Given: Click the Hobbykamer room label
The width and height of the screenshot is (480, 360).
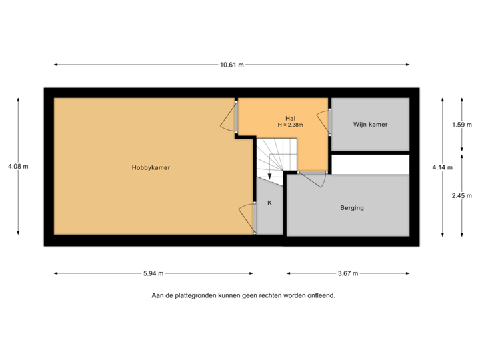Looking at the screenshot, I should [146, 168].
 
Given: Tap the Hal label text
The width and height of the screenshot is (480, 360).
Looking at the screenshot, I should [289, 118].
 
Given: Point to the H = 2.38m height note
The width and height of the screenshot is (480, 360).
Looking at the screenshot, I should [291, 125].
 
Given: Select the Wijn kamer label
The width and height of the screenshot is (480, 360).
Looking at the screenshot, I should [370, 125].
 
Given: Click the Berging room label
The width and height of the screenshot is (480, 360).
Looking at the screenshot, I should [352, 208].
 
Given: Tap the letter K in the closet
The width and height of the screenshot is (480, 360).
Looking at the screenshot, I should [269, 203].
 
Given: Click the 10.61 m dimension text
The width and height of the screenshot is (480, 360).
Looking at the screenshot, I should [231, 65].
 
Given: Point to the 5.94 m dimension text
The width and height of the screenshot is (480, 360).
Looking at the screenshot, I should [153, 273].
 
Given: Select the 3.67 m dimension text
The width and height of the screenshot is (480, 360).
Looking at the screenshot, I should [348, 273].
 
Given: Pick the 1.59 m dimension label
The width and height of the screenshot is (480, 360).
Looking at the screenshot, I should [461, 125].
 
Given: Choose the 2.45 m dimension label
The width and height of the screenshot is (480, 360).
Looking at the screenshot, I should [461, 196].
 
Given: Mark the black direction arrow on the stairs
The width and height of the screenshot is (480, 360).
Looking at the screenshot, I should [269, 177].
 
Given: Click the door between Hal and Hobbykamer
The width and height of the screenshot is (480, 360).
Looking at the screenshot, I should [230, 117].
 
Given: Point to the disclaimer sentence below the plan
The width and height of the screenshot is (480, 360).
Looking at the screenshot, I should [243, 295].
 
